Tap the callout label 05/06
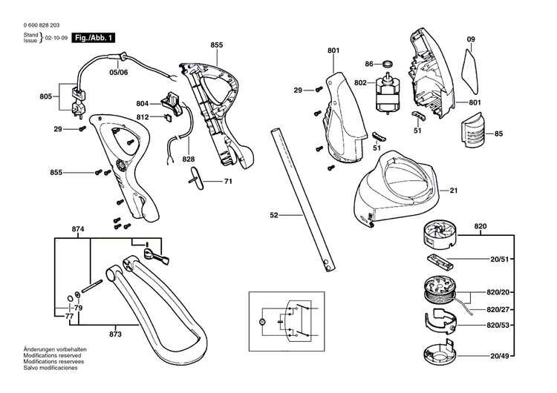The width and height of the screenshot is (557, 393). tap(119, 72)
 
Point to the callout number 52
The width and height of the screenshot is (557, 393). tap(274, 215)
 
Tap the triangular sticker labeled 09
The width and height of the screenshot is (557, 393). tap(471, 65)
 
